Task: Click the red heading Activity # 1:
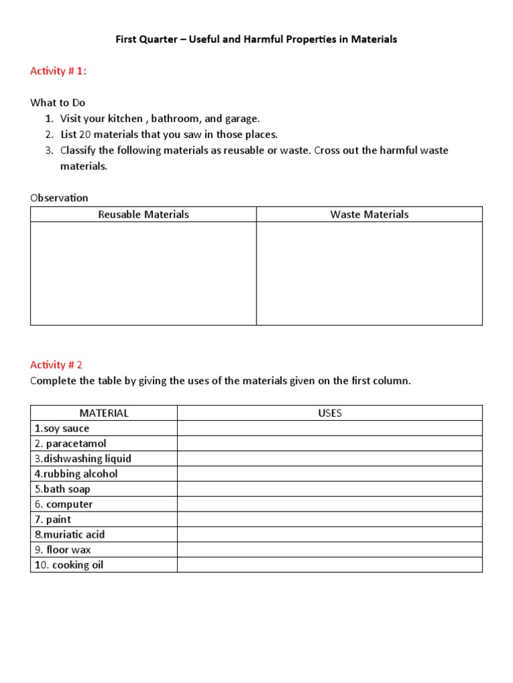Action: coord(58,71)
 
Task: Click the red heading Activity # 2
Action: coord(56,365)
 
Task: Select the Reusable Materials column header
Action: coord(143,214)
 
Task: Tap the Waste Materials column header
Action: coord(369,214)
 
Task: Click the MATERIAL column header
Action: coord(104,413)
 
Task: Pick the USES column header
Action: coord(330,413)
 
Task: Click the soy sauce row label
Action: coord(61,428)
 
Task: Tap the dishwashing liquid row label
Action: coord(83,459)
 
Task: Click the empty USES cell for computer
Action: coord(330,504)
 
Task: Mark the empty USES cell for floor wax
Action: coord(330,550)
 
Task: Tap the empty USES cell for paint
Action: coord(330,520)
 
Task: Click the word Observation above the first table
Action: coord(59,197)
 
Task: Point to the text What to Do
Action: coord(57,103)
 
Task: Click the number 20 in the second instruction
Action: coord(84,134)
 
